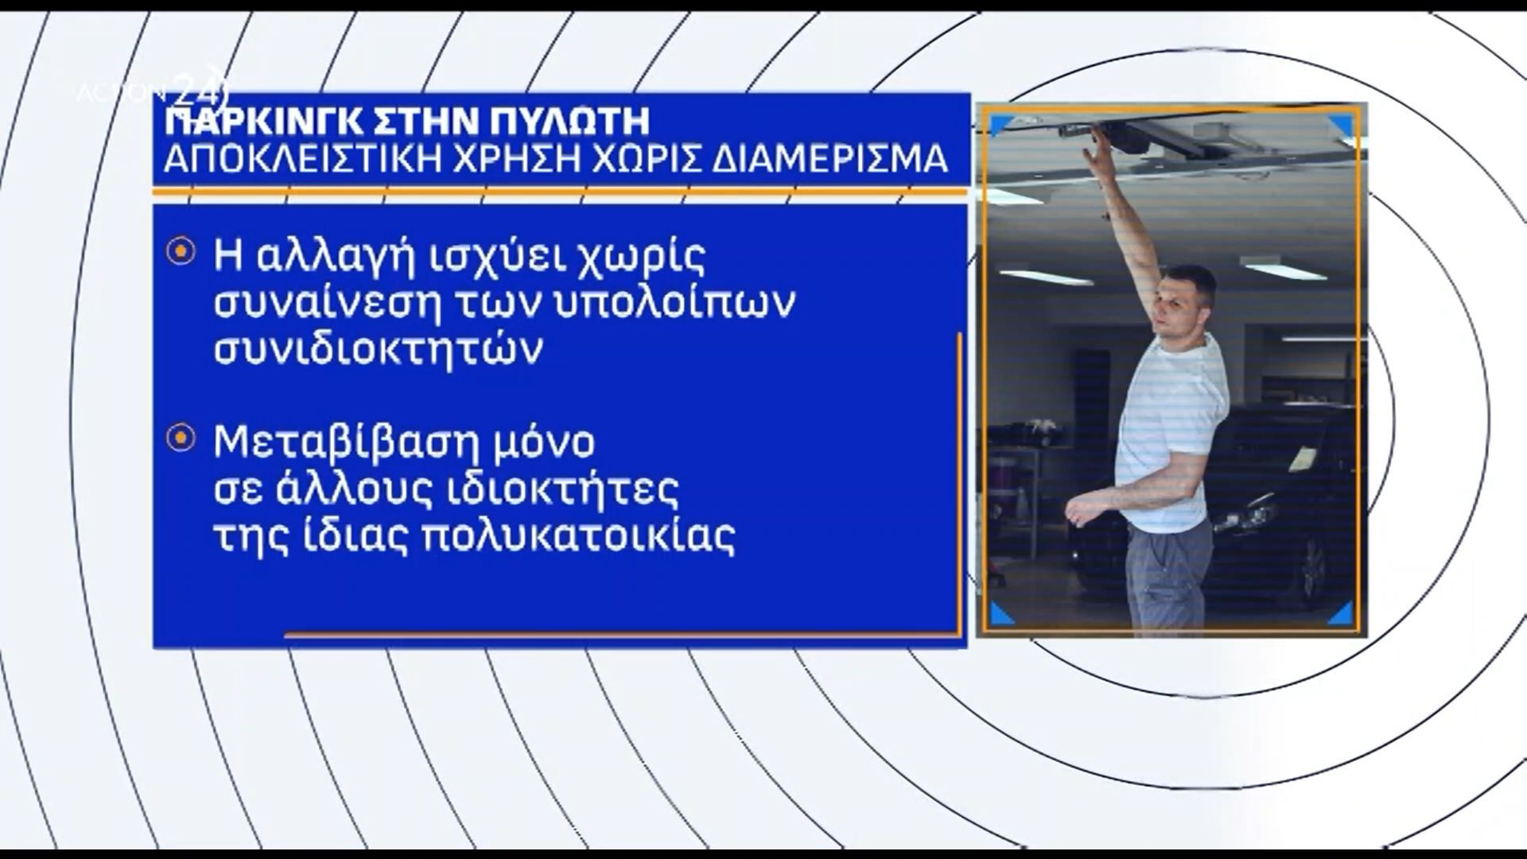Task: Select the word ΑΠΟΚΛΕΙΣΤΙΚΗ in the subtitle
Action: pos(296,159)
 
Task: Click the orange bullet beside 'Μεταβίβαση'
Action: pos(181,437)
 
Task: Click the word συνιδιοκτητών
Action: pos(379,349)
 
